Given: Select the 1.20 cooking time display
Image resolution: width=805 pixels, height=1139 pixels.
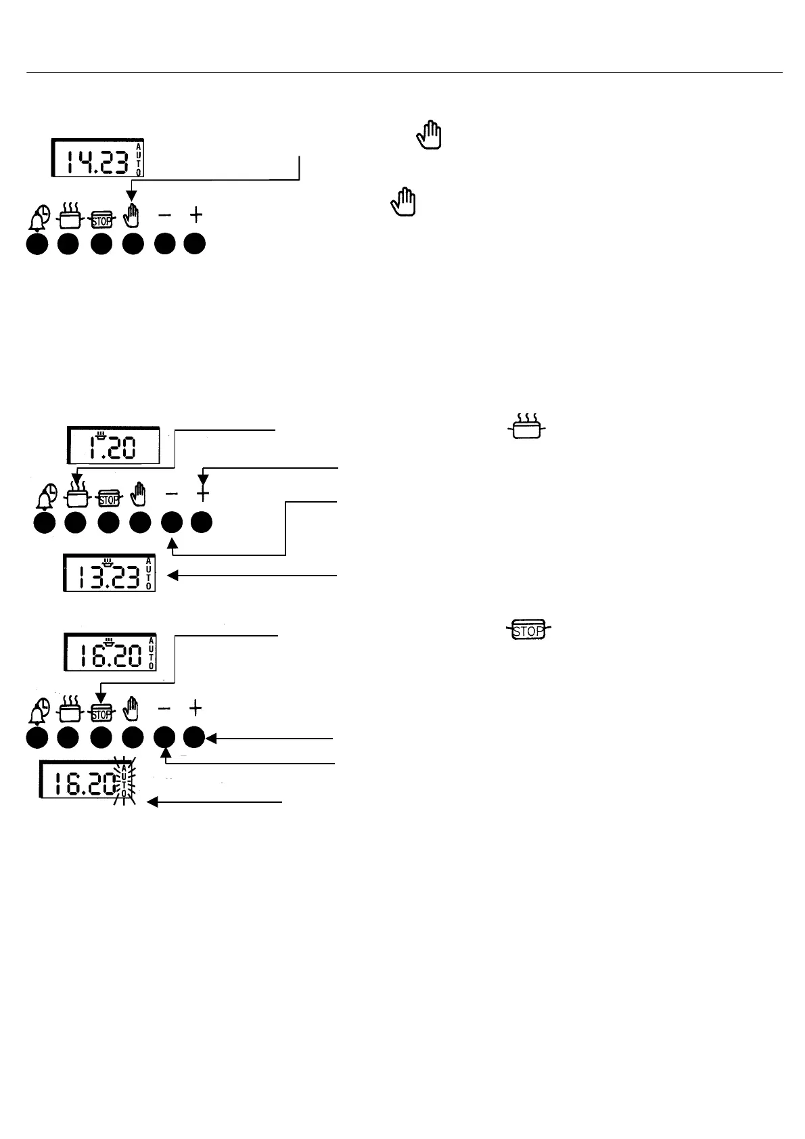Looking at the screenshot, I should click(x=114, y=446).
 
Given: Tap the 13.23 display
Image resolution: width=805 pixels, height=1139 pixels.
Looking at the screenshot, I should click(x=109, y=574).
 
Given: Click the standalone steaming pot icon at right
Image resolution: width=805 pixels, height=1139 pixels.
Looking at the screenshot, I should click(x=527, y=427).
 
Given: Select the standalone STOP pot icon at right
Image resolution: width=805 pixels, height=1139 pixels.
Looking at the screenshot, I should click(x=528, y=630).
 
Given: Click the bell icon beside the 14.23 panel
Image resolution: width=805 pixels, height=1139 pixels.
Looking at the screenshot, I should click(x=38, y=218).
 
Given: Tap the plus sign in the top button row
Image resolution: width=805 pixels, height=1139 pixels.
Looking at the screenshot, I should click(x=195, y=215).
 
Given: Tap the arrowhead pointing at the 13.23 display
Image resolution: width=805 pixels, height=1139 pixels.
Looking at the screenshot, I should click(x=172, y=576).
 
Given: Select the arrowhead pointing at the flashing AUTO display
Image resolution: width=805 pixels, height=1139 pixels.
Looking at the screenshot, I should click(x=152, y=802).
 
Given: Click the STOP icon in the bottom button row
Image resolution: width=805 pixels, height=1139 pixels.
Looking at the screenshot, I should click(x=101, y=712).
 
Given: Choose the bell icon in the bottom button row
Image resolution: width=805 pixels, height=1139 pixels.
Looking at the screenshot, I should click(x=38, y=712).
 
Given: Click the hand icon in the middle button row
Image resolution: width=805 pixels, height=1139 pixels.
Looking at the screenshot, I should click(x=140, y=496).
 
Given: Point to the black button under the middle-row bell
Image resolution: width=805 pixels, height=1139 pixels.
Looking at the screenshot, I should click(x=45, y=524).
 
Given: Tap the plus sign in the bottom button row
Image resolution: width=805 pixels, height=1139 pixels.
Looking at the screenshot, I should click(x=195, y=708).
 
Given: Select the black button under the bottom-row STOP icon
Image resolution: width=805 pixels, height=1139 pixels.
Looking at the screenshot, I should click(x=101, y=739).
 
